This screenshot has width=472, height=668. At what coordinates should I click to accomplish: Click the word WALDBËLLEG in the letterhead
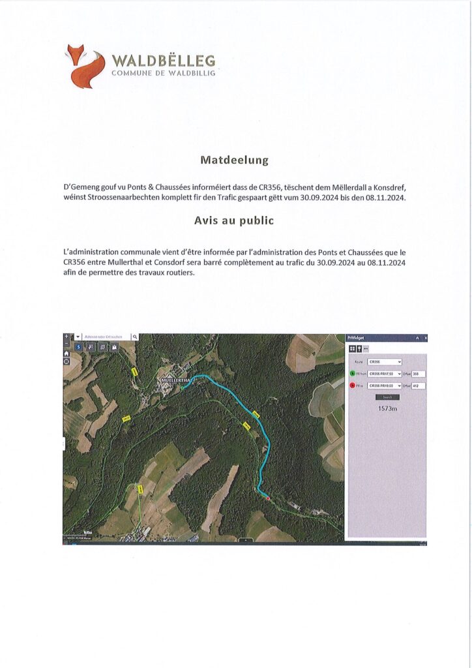pyautogui.click(x=163, y=61)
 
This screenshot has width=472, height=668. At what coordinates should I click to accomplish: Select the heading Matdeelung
pyautogui.click(x=234, y=159)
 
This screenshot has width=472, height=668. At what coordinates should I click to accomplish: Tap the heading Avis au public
pyautogui.click(x=234, y=220)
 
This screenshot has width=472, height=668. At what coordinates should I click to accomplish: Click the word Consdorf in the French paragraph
pyautogui.click(x=216, y=262)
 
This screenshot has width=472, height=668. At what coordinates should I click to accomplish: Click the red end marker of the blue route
pyautogui.click(x=267, y=498)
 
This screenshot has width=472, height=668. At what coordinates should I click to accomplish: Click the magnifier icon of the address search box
pyautogui.click(x=135, y=337)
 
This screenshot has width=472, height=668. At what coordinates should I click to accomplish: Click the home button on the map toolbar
pyautogui.click(x=66, y=354)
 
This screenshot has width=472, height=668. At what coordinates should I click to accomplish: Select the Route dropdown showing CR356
pyautogui.click(x=385, y=361)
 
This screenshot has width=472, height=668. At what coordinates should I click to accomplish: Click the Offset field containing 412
pyautogui.click(x=419, y=386)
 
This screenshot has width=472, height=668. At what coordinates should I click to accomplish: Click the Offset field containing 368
pyautogui.click(x=419, y=374)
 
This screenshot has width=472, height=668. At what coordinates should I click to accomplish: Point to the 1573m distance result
pyautogui.click(x=387, y=408)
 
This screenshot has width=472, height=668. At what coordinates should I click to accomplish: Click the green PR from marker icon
pyautogui.click(x=352, y=374)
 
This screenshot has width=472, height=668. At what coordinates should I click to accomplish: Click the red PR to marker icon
pyautogui.click(x=352, y=386)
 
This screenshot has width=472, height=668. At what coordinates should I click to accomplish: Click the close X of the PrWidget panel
pyautogui.click(x=426, y=338)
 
